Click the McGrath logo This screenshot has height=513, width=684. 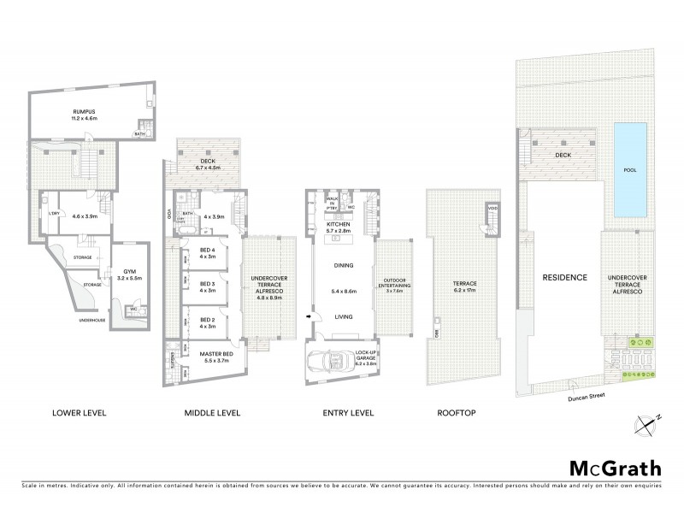(615, 468)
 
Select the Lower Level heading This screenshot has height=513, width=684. (79, 413)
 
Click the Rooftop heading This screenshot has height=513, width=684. (456, 413)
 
